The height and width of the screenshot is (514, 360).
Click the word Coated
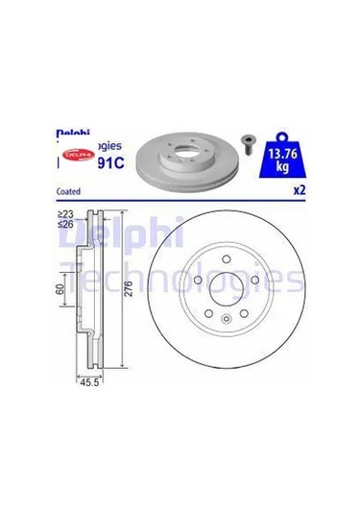70,189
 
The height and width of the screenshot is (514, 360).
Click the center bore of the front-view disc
225,287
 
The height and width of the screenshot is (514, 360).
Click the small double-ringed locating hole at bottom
225,322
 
